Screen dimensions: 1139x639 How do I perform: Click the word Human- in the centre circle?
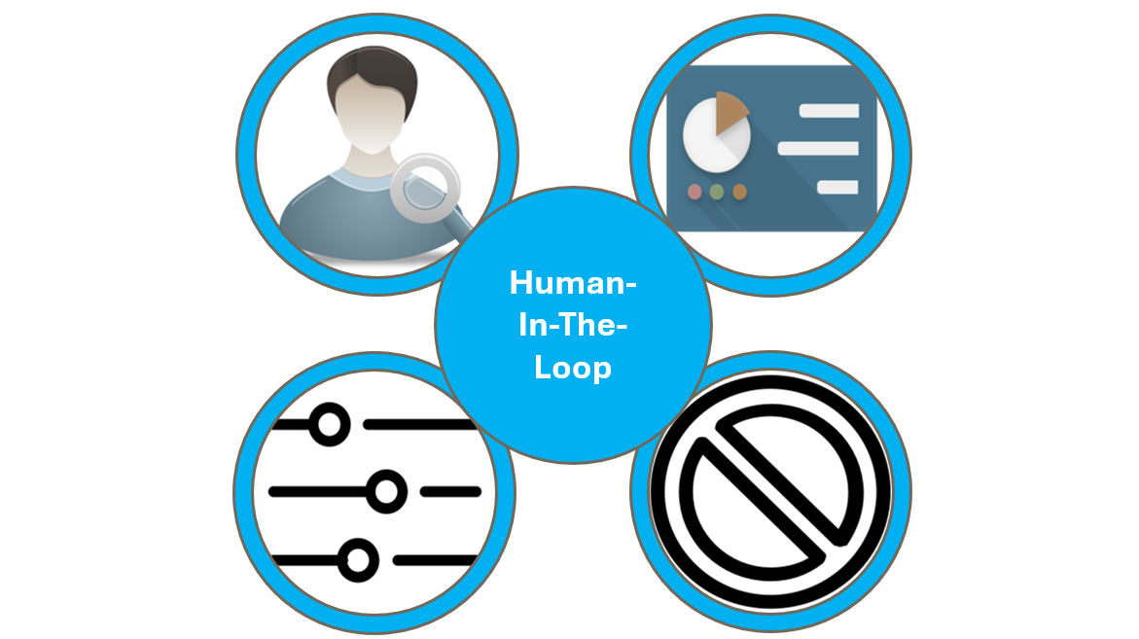point(572,282)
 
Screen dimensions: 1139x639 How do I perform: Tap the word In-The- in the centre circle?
point(572,325)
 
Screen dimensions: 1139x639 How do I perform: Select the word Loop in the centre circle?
point(572,369)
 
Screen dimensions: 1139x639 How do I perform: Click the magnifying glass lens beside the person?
point(425,188)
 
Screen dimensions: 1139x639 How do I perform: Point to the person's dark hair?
point(372,76)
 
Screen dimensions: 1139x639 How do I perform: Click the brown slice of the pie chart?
point(731,113)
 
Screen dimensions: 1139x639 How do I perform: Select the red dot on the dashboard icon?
point(695,192)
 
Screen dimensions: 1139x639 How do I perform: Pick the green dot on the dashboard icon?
point(717,192)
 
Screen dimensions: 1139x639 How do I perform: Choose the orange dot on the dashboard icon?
point(739,192)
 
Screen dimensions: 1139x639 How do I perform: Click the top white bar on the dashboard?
point(829,111)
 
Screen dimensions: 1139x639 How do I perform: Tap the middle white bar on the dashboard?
point(818,149)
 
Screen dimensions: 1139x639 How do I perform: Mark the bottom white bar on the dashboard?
point(837,188)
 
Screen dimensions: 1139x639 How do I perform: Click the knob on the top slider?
point(330,425)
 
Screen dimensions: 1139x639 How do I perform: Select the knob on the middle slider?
point(386,491)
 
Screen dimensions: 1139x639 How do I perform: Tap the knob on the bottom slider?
point(358,560)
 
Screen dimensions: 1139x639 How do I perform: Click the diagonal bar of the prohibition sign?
point(771,491)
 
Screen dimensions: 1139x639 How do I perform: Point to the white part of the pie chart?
point(715,138)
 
